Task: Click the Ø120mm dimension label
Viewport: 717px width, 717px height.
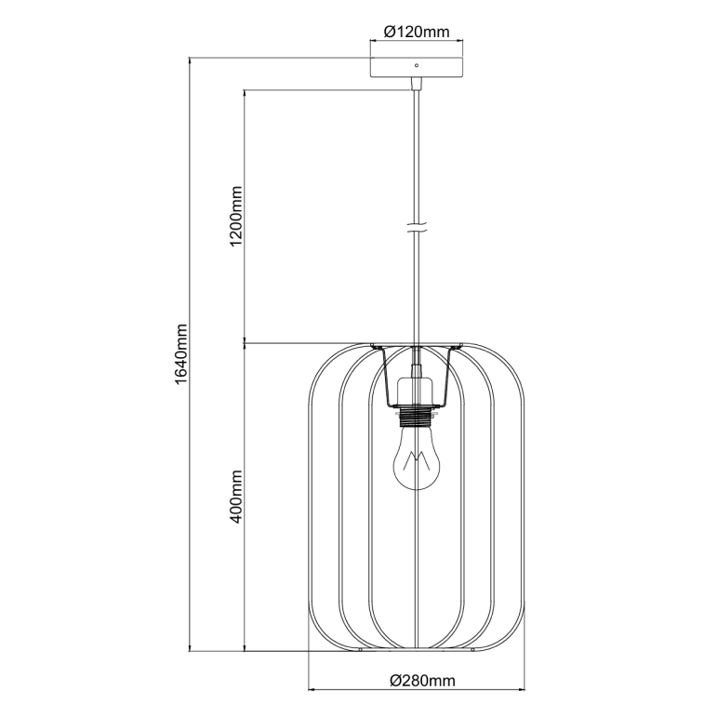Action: [x=417, y=32]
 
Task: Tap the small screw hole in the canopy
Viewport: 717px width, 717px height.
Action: [x=417, y=65]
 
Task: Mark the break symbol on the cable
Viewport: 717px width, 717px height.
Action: [x=417, y=227]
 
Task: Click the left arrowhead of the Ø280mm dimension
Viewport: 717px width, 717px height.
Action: [x=312, y=690]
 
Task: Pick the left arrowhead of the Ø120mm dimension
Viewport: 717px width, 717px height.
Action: [x=373, y=42]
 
